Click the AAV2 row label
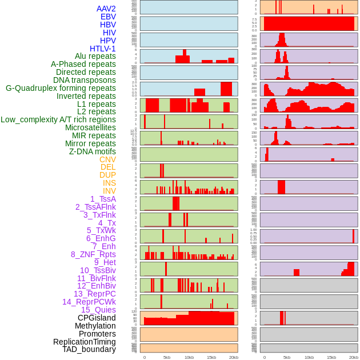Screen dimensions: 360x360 (106, 9)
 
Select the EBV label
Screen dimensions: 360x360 (108, 17)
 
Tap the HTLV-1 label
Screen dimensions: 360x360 (102, 49)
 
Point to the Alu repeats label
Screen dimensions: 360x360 (95, 56)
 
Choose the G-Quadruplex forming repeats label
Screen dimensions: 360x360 (61, 88)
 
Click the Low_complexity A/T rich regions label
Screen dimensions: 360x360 (58, 119)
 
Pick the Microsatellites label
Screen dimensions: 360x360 (90, 127)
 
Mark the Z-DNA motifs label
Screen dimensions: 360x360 (92, 151)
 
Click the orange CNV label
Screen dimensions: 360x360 (107, 159)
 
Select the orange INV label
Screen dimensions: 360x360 (109, 191)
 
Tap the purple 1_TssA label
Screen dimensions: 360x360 (103, 199)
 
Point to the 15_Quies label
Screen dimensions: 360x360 (98, 310)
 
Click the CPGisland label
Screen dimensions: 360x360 (97, 318)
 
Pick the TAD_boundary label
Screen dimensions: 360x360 (89, 349)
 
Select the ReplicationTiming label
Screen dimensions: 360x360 (84, 342)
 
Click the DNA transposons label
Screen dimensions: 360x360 (84, 80)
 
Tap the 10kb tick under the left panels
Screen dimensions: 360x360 (189, 357)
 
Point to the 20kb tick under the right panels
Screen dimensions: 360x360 (354, 357)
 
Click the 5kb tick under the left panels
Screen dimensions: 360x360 (167, 357)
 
